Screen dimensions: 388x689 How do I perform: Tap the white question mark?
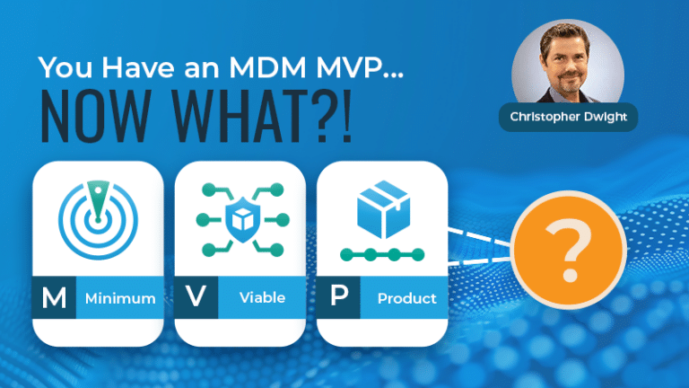click(568, 250)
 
